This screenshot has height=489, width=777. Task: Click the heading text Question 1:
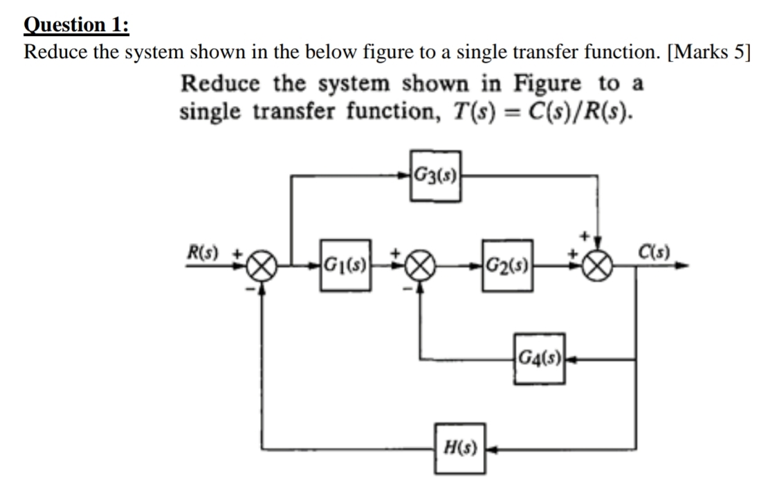(x=76, y=25)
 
